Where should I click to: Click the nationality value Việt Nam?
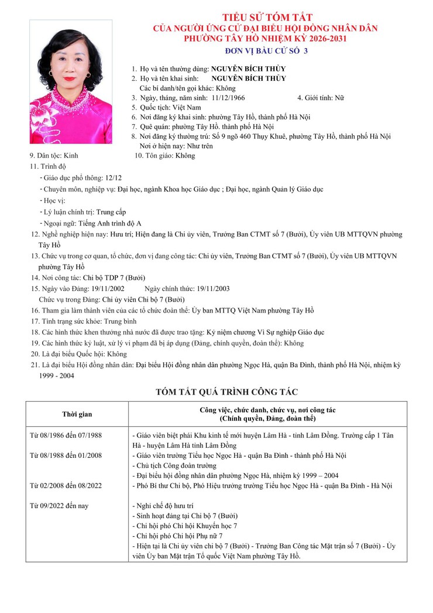186,108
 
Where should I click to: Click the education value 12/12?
113,178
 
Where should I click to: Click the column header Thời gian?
77,415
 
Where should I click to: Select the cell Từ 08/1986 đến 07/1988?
66,435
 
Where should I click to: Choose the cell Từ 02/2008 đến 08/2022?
66,485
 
